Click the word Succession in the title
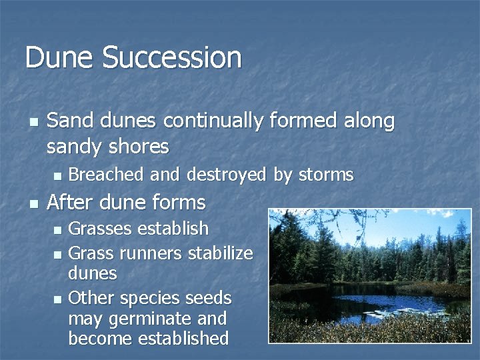click(x=171, y=57)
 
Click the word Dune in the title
click(x=60, y=57)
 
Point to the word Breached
click(x=106, y=175)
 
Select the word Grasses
click(x=101, y=229)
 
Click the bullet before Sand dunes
click(x=33, y=122)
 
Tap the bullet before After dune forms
click(x=33, y=203)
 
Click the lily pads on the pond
click(x=393, y=311)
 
